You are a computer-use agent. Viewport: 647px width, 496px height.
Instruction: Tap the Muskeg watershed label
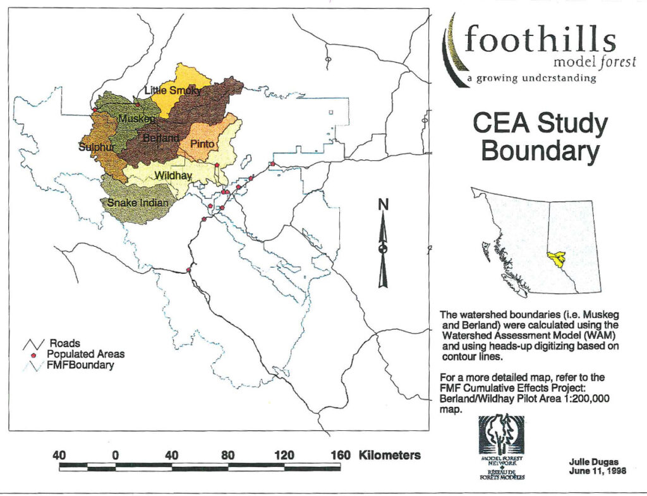click(136, 119)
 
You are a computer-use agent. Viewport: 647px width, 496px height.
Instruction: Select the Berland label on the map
click(161, 138)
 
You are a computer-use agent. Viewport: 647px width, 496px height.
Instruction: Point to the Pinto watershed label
click(203, 145)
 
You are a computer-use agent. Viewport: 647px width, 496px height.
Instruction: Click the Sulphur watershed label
click(95, 148)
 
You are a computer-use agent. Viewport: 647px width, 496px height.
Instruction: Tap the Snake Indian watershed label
click(138, 203)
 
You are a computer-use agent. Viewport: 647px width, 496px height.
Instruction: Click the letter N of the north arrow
click(382, 204)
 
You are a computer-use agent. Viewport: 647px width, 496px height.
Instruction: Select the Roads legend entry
click(64, 344)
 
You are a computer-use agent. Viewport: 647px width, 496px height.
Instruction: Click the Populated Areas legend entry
click(85, 354)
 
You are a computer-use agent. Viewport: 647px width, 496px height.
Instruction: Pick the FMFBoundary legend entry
click(80, 365)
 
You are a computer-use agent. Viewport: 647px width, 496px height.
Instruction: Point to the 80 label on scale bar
click(228, 455)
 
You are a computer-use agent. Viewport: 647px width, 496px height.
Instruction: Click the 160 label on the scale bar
click(341, 455)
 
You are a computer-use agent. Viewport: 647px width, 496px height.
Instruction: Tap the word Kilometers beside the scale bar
click(390, 455)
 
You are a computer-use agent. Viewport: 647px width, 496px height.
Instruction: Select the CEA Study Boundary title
click(540, 138)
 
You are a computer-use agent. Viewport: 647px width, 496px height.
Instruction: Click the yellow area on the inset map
click(556, 258)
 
